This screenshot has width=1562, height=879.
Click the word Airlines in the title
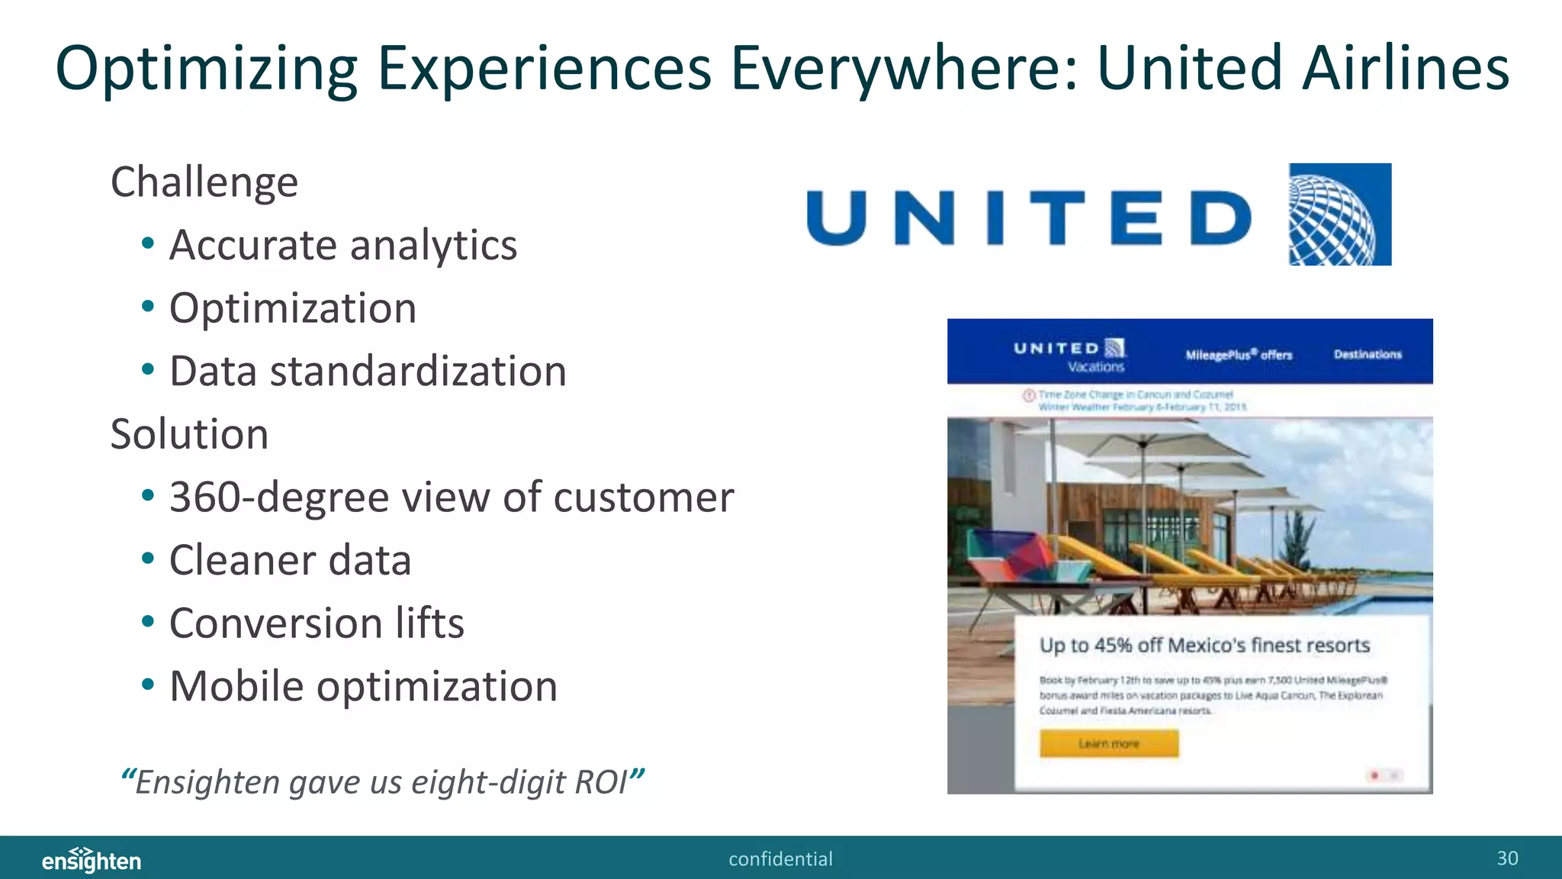pos(1405,69)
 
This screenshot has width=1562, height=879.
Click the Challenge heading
pos(204,182)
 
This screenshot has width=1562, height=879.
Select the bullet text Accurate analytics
pos(342,246)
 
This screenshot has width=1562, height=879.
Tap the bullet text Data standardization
pos(367,372)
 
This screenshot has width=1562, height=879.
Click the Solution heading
pos(189,435)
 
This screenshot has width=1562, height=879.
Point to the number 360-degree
pos(279,497)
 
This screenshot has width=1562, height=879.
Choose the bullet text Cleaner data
pos(290,561)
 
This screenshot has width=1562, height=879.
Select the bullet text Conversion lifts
pos(316,623)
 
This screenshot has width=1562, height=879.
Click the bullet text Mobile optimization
pos(363,687)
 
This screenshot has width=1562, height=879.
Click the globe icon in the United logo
pos(1339,214)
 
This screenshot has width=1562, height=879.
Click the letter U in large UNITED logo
pos(837,218)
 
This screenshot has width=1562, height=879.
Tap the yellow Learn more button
pos(1108,743)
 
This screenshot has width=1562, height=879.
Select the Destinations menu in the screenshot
pos(1367,355)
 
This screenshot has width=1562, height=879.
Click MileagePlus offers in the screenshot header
pos(1238,355)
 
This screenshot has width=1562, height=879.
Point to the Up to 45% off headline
pos(1204,646)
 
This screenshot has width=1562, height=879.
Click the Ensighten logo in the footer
pos(92,860)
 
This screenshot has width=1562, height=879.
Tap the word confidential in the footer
pos(780,859)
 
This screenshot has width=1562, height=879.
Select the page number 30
pos(1506,858)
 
